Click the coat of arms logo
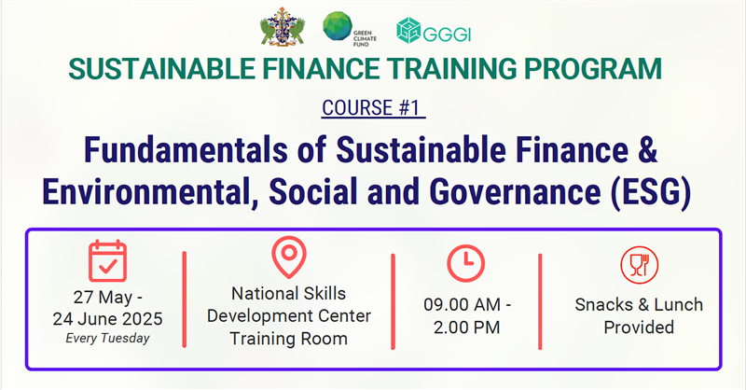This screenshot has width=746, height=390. pos(283,27)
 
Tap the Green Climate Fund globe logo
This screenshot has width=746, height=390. pos(338,26)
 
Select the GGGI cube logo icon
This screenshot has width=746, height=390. pos(408,31)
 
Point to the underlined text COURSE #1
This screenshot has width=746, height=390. pos(373,107)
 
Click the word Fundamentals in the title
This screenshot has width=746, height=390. pos(186,149)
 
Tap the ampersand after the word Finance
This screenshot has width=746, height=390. pos(645,149)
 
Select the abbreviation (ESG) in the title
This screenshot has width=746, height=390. pos(651,192)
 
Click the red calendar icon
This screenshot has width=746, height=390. pos(107,261)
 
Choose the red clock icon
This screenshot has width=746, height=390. pos(465,263)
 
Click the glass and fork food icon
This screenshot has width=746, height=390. pos(640,265)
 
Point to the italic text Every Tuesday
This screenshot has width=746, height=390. pos(107,338)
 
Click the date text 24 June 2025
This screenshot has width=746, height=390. pos(107,318)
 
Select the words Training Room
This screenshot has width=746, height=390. pos(289,339)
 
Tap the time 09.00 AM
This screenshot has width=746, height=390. pos(462,305)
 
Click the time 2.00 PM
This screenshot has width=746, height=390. pos(467,327)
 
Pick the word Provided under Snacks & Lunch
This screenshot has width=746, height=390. pos(639,327)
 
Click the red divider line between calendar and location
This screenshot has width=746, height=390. pos(185,299)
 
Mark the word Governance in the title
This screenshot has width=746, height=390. pos(516,192)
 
